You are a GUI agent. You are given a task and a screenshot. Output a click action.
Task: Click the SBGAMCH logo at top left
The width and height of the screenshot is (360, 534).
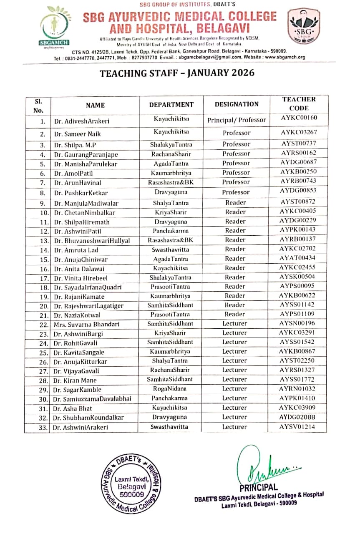[x=54, y=26]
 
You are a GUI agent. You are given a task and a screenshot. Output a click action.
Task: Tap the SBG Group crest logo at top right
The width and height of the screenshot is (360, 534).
[x=305, y=26]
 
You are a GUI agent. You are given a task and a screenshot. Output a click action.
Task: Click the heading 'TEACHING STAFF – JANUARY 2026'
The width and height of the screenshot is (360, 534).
[x=177, y=74]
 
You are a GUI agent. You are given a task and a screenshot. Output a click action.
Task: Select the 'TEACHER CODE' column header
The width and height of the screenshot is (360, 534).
[x=299, y=103]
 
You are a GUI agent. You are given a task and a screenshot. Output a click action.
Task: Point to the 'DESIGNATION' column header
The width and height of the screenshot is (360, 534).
[x=237, y=104]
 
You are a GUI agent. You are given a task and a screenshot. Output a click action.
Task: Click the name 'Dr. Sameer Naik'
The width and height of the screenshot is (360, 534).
[x=77, y=134]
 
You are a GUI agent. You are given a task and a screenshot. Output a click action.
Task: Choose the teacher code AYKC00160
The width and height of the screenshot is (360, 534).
[x=299, y=118]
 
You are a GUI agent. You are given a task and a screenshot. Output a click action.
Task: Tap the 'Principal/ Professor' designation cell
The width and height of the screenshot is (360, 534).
[x=237, y=120]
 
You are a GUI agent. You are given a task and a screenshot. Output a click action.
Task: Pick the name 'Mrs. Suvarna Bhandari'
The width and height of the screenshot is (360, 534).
[x=86, y=325]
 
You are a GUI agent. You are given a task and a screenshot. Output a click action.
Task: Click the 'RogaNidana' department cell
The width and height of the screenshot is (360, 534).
[x=170, y=389]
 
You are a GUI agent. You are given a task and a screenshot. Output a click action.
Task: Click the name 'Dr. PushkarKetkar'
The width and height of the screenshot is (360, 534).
[x=81, y=193]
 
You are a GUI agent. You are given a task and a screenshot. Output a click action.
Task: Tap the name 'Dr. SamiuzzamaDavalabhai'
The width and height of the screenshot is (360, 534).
[x=92, y=399]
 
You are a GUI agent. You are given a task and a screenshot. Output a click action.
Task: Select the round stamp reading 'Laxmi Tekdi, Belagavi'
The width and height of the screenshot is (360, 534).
[x=132, y=484]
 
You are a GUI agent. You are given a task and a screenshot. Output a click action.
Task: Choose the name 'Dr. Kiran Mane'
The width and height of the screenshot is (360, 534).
[x=75, y=380]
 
